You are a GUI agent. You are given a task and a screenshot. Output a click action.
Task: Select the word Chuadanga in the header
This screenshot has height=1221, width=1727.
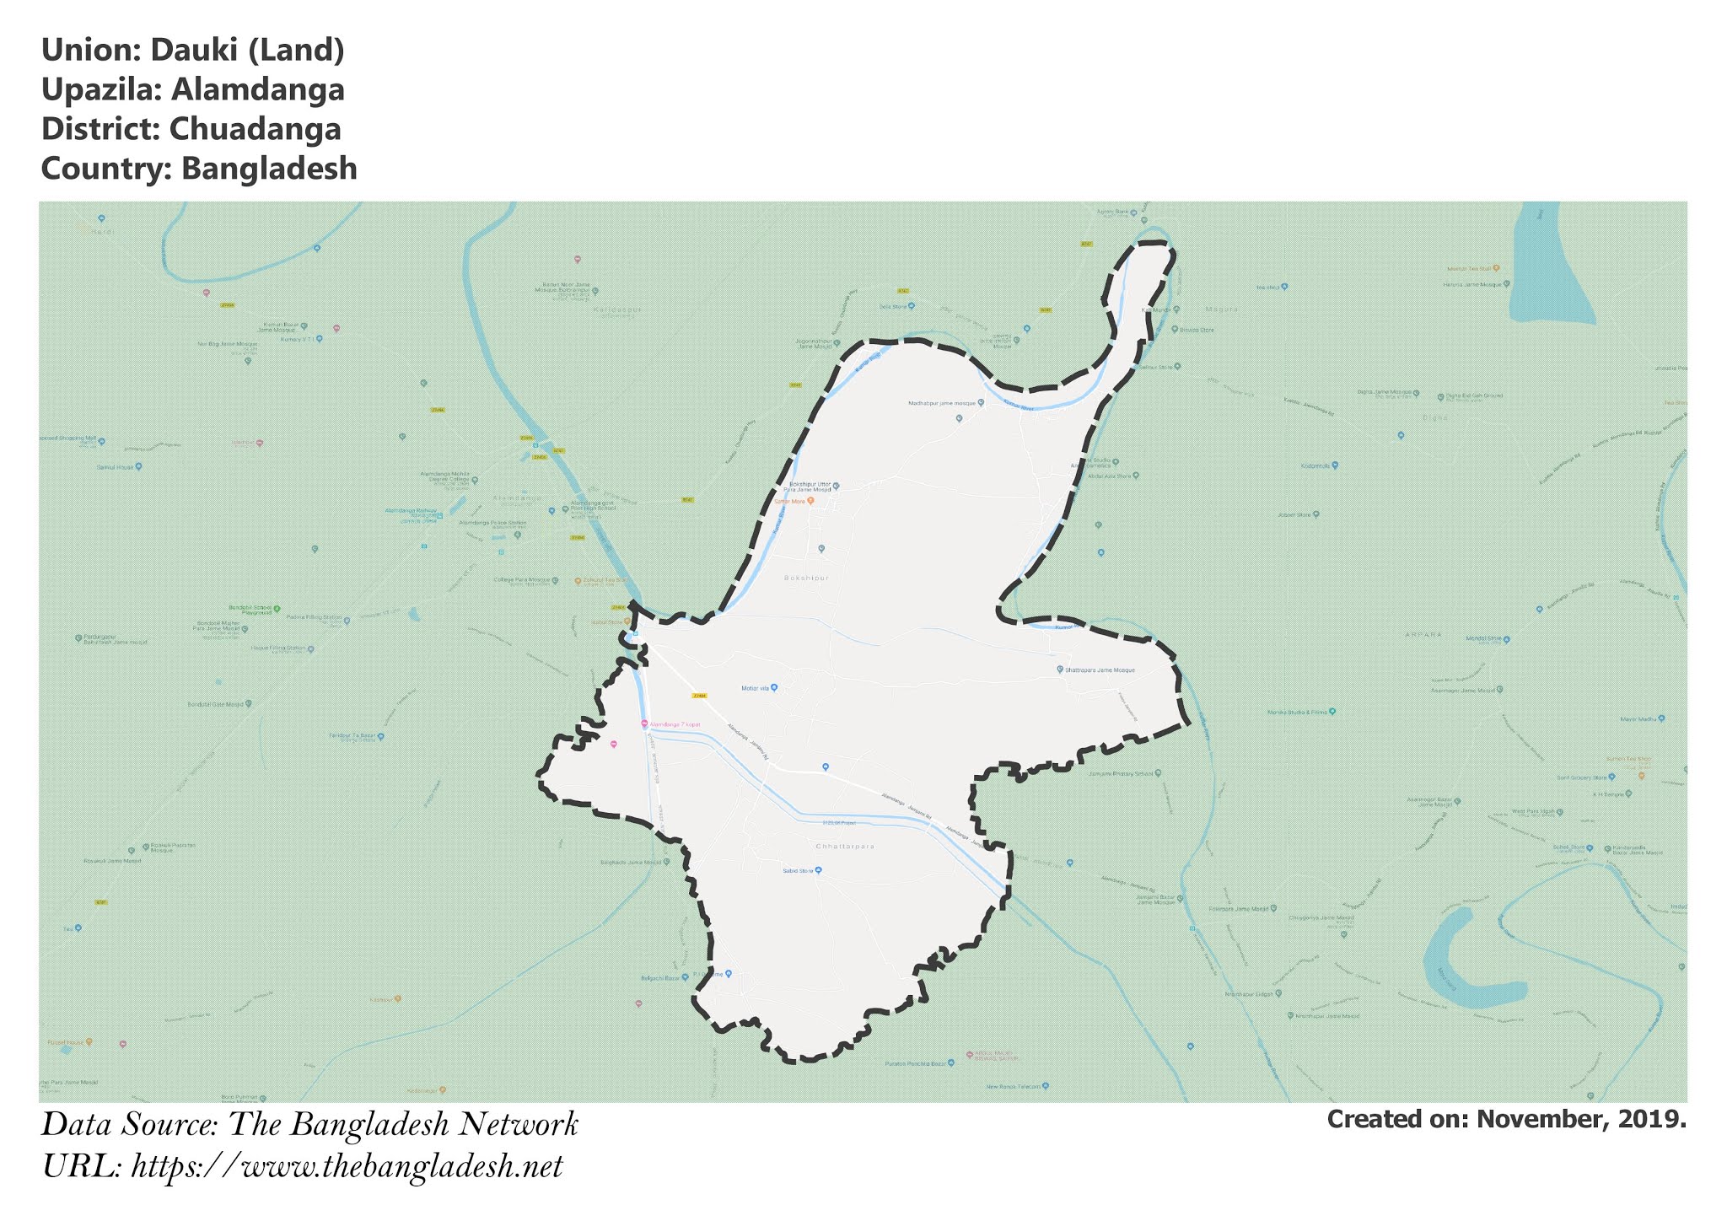pos(255,129)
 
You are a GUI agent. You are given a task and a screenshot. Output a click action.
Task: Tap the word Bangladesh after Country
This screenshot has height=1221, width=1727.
pos(269,169)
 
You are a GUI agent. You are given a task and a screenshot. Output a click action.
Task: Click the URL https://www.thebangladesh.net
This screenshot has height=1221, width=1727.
pos(347,1167)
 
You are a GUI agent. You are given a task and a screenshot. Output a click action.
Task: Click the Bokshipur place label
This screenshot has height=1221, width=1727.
pos(806,578)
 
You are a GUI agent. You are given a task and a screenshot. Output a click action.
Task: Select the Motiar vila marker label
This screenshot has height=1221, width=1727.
pos(756,688)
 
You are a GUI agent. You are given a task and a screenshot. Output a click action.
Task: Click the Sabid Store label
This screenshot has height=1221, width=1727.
pos(797,870)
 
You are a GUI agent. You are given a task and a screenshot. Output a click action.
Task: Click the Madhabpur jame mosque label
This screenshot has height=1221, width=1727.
pos(941,403)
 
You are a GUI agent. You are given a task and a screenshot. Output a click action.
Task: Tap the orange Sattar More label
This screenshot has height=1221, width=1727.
pos(790,501)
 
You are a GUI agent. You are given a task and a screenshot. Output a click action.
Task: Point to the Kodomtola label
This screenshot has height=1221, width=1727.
pos(1314,465)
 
